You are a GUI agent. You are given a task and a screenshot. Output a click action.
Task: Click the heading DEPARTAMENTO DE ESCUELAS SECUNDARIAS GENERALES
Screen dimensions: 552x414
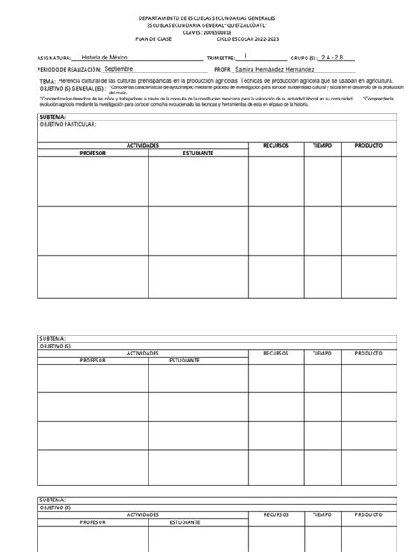(x=207, y=18)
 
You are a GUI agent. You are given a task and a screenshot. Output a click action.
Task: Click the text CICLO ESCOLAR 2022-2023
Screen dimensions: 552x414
(x=247, y=40)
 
